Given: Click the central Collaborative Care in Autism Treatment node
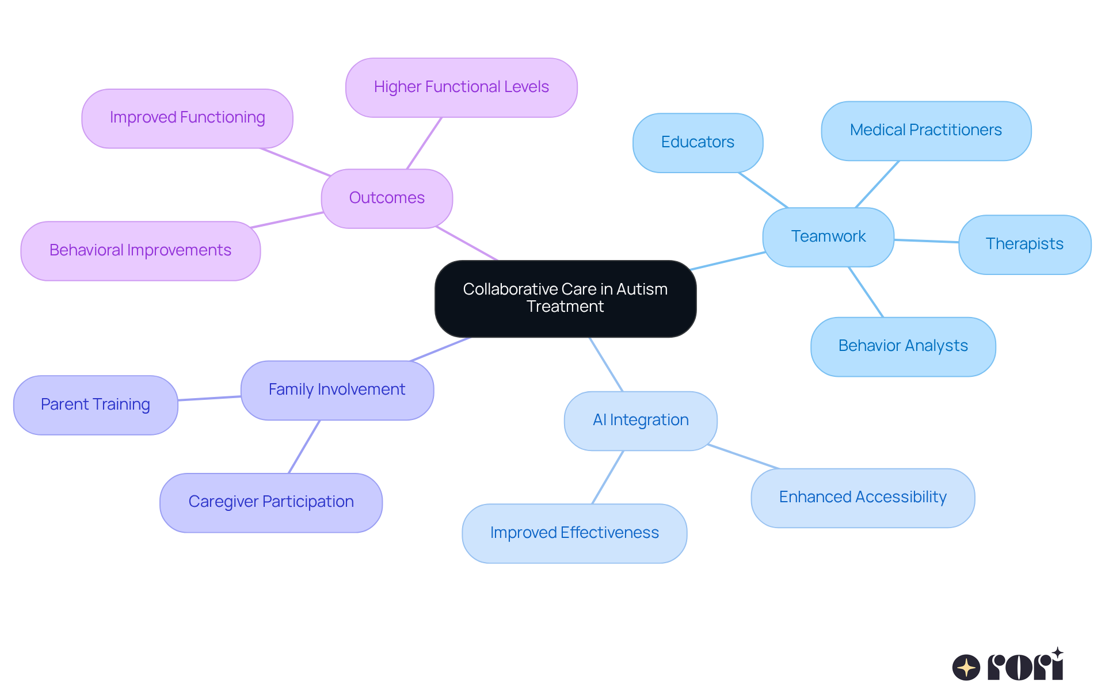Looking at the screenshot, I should click(565, 298).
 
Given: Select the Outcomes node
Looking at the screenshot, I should click(387, 198).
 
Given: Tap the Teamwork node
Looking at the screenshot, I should click(828, 236).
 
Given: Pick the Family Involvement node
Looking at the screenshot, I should click(337, 390).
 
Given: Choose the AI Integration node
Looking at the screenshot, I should click(641, 421).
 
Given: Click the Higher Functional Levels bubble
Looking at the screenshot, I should click(461, 87).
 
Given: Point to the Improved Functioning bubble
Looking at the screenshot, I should click(187, 118).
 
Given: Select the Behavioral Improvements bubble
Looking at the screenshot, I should click(140, 251).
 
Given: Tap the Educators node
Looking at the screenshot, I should click(698, 142).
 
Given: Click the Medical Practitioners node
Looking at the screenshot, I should click(925, 131).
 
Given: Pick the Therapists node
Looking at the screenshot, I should click(1024, 245).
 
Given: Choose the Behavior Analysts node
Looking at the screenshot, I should click(903, 346).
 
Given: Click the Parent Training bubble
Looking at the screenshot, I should click(96, 405).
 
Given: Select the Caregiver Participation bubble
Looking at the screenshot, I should click(271, 502).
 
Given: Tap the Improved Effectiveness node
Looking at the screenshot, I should click(574, 533).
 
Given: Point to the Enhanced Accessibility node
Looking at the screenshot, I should click(863, 498).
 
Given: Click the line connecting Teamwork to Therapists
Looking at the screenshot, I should click(926, 240).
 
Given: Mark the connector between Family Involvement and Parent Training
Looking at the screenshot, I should click(209, 398).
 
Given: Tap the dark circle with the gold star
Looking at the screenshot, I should click(966, 667).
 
